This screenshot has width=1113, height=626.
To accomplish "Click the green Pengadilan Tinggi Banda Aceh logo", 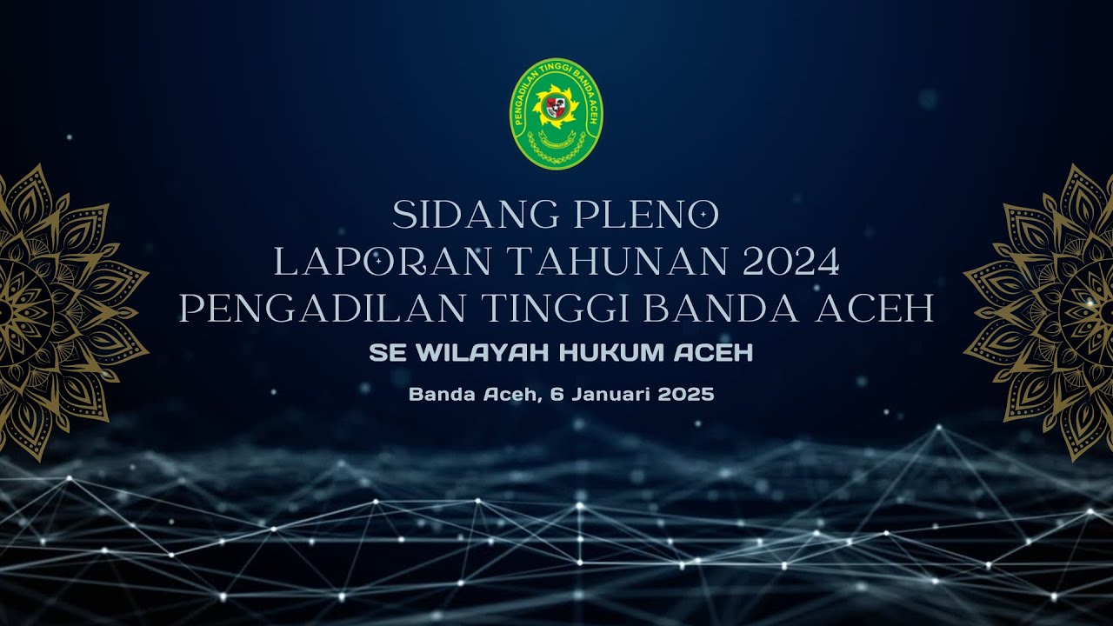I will tap(556, 114).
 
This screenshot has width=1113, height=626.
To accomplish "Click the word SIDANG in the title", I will tap(444, 215).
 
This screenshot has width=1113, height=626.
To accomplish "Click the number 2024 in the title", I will tap(792, 262).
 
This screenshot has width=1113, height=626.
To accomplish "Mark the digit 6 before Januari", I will tap(556, 395).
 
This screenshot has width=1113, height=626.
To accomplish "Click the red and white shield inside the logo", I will tap(555, 108).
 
